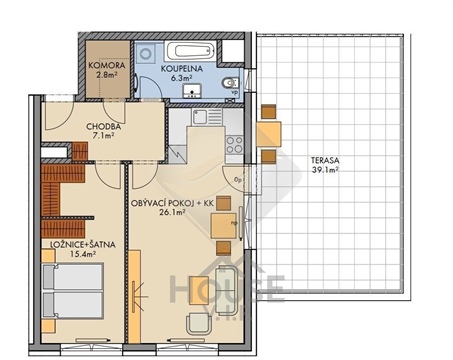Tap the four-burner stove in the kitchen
coord(234,145)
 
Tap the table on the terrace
coord(269,133)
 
